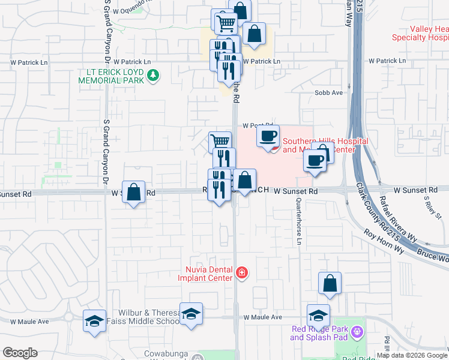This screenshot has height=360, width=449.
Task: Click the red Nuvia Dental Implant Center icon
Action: pyautogui.click(x=242, y=274)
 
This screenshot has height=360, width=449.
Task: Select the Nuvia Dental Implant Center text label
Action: pyautogui.click(x=205, y=274)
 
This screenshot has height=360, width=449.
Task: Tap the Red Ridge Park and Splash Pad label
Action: pyautogui.click(x=320, y=333)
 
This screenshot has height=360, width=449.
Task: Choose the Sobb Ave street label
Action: pyautogui.click(x=328, y=93)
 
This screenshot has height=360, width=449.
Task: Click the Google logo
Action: pyautogui.click(x=20, y=353)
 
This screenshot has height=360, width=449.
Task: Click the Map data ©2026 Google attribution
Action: pyautogui.click(x=412, y=355)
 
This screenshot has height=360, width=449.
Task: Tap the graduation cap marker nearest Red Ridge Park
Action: pyautogui.click(x=318, y=316)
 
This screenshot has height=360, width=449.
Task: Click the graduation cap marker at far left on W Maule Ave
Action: pyautogui.click(x=95, y=321)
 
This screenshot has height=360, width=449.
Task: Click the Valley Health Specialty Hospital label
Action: pyautogui.click(x=420, y=33)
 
